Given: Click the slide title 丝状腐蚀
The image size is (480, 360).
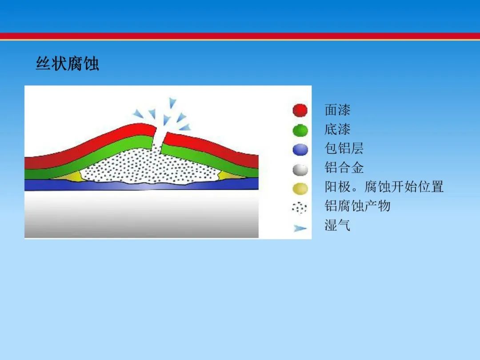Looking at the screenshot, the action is (68, 64).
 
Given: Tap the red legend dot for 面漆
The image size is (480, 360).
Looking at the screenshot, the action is (300, 111).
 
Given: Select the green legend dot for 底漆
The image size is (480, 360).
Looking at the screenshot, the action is (300, 130).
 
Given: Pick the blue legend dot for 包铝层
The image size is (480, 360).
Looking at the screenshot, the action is (300, 150).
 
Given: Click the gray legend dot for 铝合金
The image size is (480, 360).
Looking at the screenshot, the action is (300, 170).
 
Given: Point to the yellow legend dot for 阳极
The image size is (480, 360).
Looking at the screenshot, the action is (300, 188).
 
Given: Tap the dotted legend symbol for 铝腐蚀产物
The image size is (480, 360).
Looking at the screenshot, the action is (300, 208).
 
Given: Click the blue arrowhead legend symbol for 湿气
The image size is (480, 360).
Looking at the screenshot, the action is (300, 228).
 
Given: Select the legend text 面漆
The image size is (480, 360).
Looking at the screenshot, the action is (337, 110).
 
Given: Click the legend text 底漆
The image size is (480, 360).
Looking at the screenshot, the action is (337, 129).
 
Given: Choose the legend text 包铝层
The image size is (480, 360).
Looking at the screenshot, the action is (344, 148).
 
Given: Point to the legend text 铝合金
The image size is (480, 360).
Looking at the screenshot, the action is (344, 168).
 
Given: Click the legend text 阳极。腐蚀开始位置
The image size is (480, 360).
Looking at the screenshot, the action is (384, 187).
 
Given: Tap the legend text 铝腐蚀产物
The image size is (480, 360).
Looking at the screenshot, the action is (357, 206).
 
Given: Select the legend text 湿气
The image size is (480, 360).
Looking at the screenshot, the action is (337, 225).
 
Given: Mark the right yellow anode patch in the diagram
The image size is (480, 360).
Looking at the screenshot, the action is (230, 176).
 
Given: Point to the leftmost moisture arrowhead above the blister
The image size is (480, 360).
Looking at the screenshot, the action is (138, 114).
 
